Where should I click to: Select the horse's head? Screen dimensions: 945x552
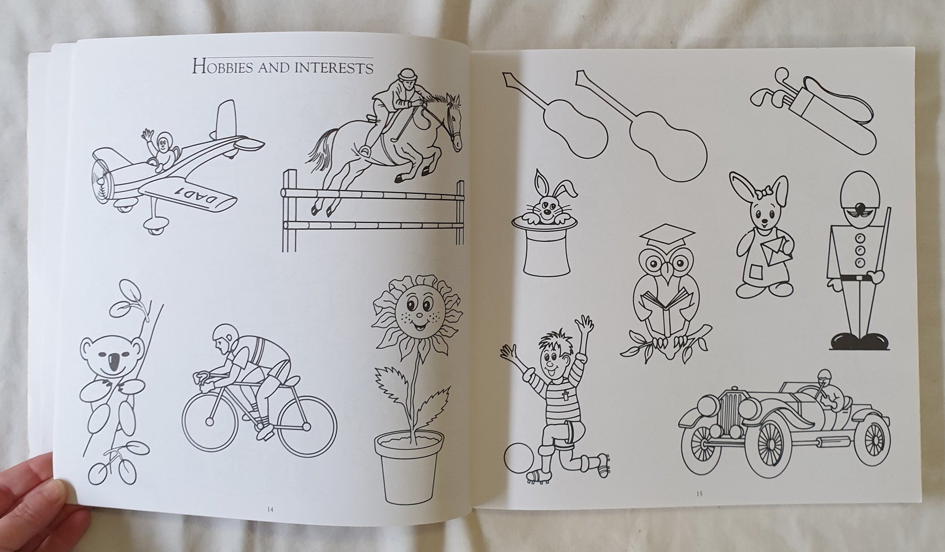pyautogui.click(x=451, y=121)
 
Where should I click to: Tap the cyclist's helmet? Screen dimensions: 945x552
pyautogui.click(x=222, y=335)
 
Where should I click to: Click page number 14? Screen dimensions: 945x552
pyautogui.click(x=270, y=509)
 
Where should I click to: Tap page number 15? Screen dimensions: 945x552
pyautogui.click(x=699, y=494)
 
